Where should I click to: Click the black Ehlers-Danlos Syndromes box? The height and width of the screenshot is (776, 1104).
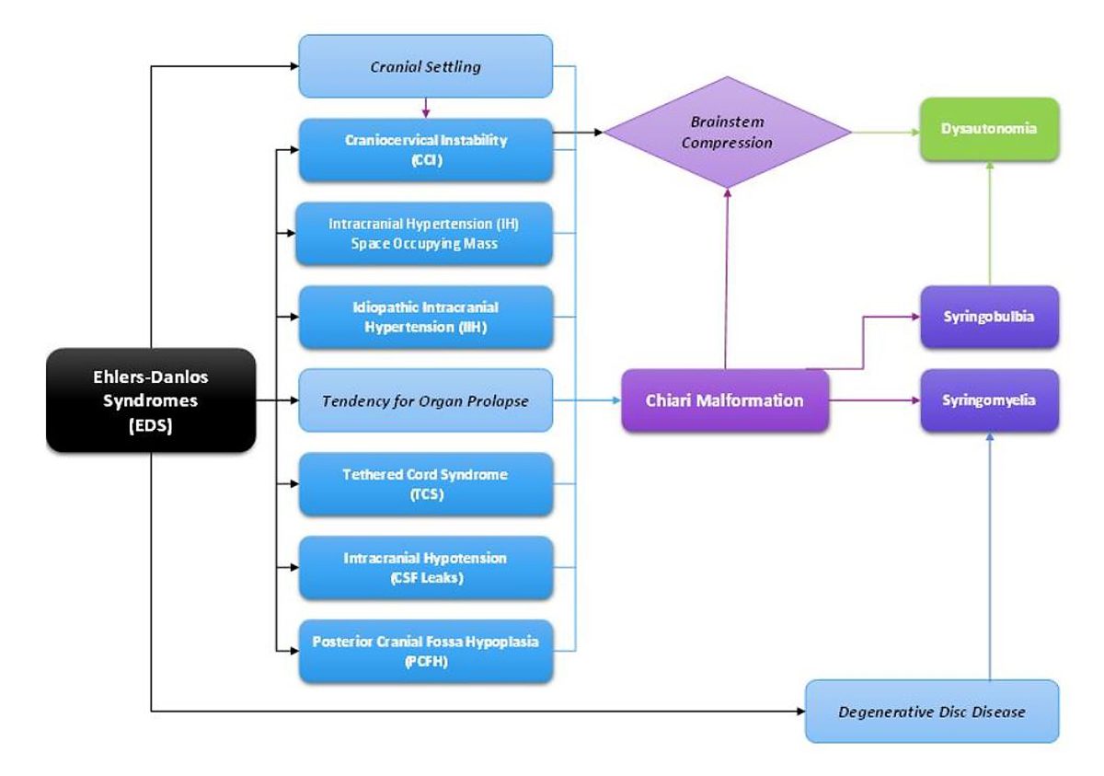151,400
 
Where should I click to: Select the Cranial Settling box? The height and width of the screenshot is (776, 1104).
426,66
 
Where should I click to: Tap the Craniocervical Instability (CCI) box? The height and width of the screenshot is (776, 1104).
426,150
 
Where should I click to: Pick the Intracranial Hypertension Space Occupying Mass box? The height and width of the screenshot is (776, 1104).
424,234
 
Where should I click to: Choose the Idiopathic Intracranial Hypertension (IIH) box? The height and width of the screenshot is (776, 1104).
426,317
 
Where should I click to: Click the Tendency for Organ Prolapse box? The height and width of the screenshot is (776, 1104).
426,400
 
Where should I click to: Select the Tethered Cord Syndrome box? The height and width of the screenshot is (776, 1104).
426,484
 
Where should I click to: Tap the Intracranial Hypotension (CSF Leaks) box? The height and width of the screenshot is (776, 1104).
426,567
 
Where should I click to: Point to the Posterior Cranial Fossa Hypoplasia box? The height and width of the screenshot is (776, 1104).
426,651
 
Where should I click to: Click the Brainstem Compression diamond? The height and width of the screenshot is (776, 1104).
728,133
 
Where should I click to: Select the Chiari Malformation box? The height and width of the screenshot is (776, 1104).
725,400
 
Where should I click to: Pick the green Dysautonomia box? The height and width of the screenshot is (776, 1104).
990,129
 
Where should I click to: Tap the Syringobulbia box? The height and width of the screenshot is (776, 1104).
990,317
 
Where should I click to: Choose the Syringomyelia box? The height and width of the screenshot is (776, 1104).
990,400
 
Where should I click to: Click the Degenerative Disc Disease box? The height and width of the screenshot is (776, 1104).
932,712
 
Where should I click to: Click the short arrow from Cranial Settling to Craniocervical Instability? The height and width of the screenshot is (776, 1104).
426,108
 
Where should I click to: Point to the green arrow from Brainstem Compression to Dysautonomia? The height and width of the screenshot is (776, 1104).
886,133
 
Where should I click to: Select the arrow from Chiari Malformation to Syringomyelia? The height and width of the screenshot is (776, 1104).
874,400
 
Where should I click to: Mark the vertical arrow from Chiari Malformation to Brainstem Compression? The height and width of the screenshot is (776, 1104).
726,279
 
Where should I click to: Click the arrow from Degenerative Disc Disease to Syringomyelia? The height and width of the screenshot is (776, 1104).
990,556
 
